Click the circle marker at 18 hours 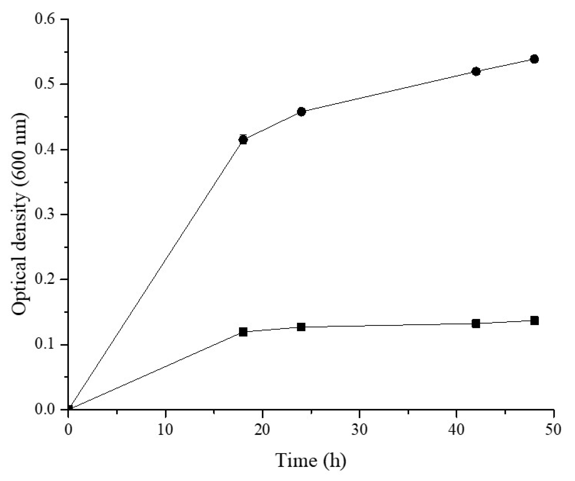click(x=243, y=140)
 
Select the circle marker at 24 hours click(x=301, y=112)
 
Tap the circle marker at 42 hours click(x=476, y=71)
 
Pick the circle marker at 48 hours click(x=534, y=59)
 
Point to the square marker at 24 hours click(x=301, y=327)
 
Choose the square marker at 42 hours click(x=476, y=324)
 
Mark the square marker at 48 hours click(x=534, y=320)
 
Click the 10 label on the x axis click(x=165, y=430)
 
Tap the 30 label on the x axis click(x=359, y=430)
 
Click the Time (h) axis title click(x=311, y=461)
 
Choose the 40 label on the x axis click(x=456, y=430)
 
